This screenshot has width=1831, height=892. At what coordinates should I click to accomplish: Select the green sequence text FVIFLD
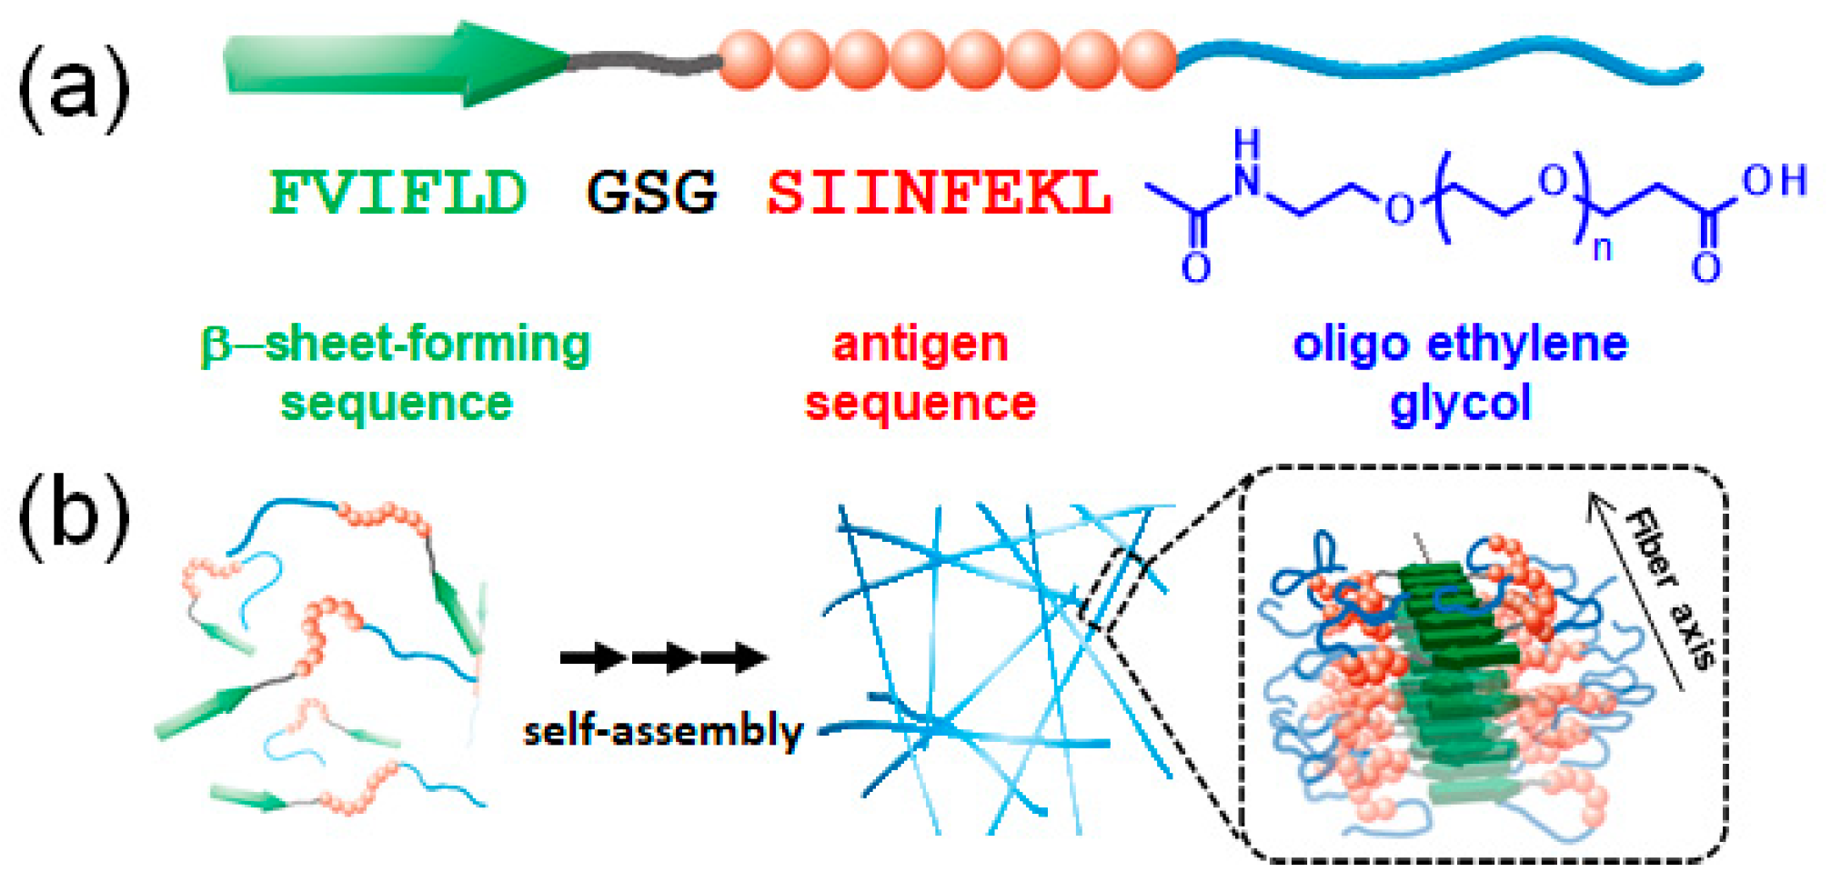coord(397,193)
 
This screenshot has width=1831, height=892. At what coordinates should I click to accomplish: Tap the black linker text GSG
coord(651,193)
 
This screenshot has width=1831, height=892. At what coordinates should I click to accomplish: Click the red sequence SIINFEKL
coord(939,193)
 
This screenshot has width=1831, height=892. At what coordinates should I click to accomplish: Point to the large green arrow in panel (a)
coord(391,64)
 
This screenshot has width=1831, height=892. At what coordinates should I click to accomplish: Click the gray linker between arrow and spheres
coord(646,62)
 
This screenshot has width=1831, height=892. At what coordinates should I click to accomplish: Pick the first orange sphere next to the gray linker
coord(745,60)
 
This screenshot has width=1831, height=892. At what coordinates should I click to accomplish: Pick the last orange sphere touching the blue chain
coord(1149,60)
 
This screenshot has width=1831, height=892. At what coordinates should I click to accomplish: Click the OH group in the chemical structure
coord(1773,181)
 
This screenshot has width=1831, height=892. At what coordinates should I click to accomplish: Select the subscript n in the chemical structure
coord(1602,247)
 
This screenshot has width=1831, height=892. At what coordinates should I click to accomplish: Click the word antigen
coord(920,345)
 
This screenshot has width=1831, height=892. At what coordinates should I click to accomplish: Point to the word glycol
coord(1460,403)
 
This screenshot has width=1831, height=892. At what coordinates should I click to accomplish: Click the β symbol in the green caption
coord(215,346)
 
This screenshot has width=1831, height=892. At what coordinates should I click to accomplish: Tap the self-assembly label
coord(663,730)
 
